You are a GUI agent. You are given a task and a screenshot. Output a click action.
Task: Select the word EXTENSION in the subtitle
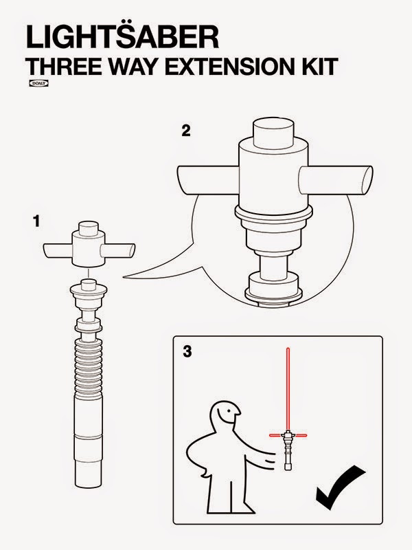229,66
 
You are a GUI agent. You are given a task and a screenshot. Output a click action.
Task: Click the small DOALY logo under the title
38,83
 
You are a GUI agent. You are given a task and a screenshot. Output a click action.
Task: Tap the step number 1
36,221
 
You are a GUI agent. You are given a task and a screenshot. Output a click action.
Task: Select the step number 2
186,131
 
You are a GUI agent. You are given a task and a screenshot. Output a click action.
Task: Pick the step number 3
187,351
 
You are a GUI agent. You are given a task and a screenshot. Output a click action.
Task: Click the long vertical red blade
288,388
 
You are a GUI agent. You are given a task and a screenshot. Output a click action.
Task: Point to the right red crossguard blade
301,435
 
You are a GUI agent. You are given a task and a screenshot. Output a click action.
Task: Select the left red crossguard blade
275,435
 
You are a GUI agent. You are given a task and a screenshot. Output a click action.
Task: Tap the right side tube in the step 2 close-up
336,180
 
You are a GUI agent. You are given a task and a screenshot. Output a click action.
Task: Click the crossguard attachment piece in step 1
89,244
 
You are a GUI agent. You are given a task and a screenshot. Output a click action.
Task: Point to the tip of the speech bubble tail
123,277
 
